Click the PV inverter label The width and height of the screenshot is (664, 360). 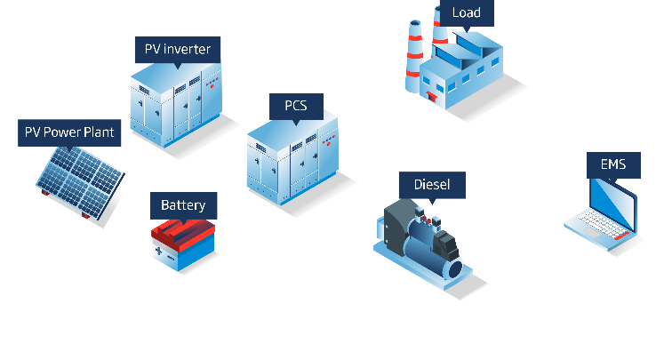coord(178,49)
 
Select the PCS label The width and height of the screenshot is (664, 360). coord(296,107)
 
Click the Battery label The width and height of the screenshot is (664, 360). coord(183,205)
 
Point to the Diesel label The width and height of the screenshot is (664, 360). coord(438,186)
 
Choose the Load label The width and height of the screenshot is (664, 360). coord(467,12)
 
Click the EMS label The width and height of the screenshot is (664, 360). coord(612,164)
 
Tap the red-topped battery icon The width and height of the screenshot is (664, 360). coord(184,241)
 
